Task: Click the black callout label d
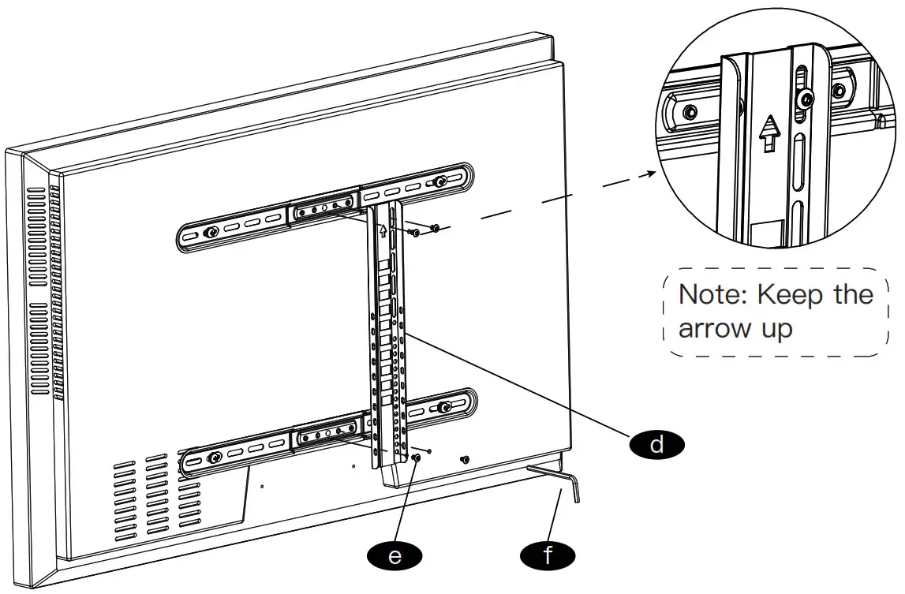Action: pyautogui.click(x=656, y=444)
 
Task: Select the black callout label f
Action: pyautogui.click(x=548, y=555)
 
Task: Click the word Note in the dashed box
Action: pyautogui.click(x=712, y=294)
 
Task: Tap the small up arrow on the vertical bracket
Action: pyautogui.click(x=383, y=231)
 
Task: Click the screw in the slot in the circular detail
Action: pyautogui.click(x=805, y=99)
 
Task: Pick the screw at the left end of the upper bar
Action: pyautogui.click(x=211, y=233)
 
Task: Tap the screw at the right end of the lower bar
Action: pyautogui.click(x=444, y=407)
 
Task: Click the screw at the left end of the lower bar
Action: pyautogui.click(x=213, y=458)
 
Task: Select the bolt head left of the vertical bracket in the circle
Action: pyautogui.click(x=690, y=110)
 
